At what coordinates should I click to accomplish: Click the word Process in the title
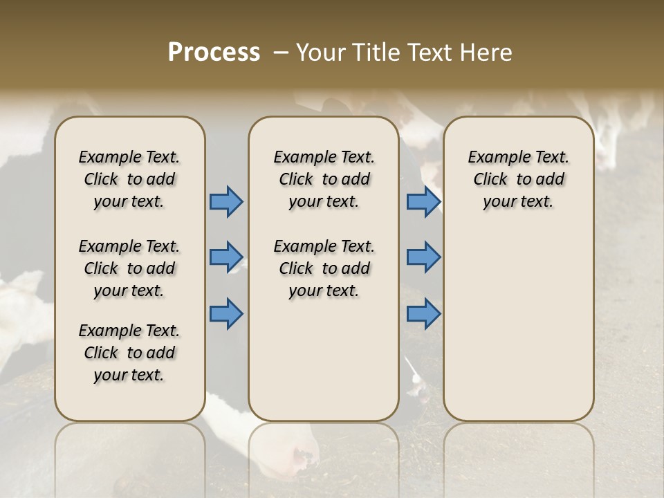[214, 53]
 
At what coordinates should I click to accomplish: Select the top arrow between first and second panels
[226, 202]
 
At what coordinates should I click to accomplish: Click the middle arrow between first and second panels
[226, 257]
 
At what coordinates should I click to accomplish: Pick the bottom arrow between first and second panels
[226, 314]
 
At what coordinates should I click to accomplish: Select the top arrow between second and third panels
[423, 202]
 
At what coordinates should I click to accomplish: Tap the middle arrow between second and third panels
[423, 257]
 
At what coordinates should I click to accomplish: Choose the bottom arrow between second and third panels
[423, 314]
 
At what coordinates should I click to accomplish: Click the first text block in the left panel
[129, 179]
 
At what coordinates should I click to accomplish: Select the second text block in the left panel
[129, 268]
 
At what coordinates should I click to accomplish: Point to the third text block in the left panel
[129, 353]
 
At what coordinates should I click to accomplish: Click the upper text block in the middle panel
[324, 179]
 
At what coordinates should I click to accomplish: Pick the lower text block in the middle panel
[324, 268]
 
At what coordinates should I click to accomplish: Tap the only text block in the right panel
[519, 179]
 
